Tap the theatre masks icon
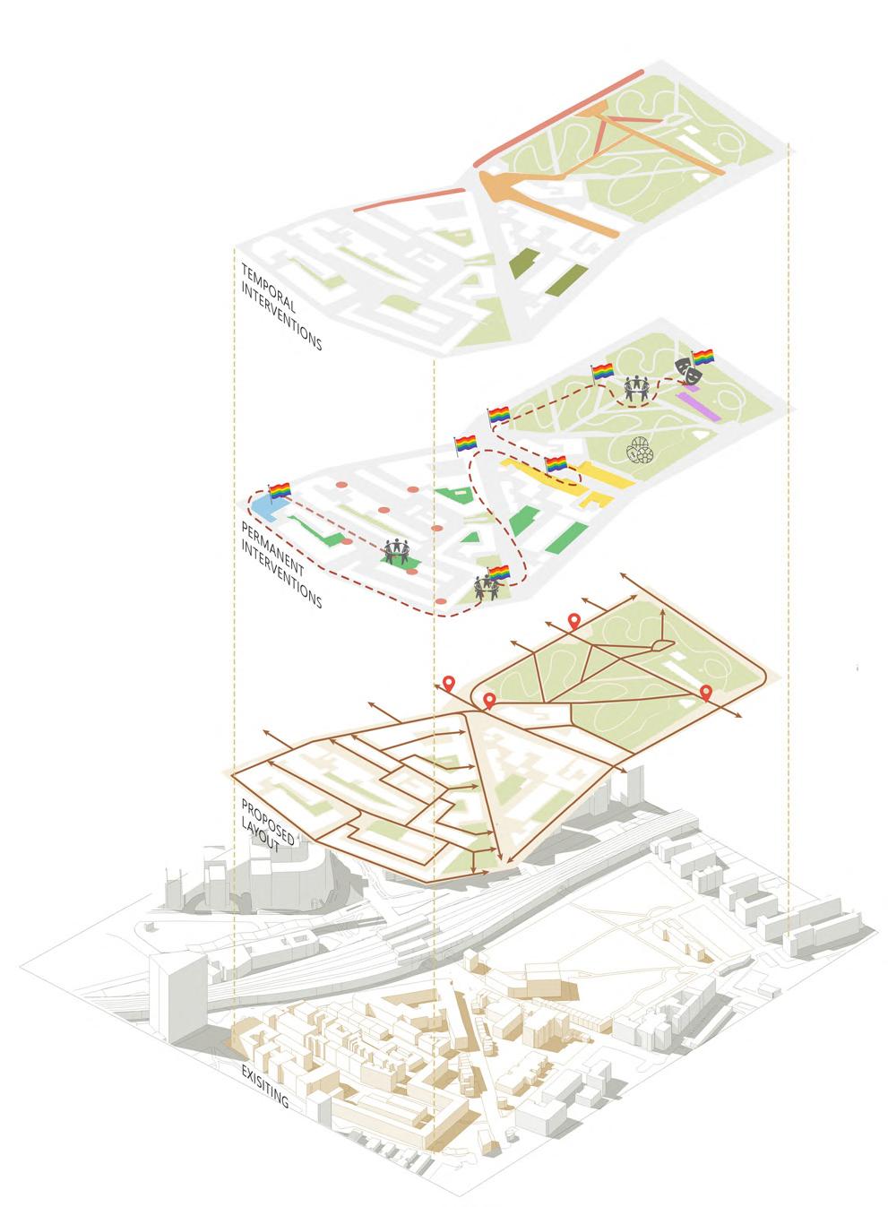[x=685, y=367]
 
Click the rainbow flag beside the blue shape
[x=281, y=490]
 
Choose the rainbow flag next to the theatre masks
[x=703, y=357]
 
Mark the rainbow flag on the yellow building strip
[x=557, y=464]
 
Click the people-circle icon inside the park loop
[x=636, y=387]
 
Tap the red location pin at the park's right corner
[x=706, y=692]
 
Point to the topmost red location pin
[x=573, y=620]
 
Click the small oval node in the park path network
[x=660, y=643]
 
